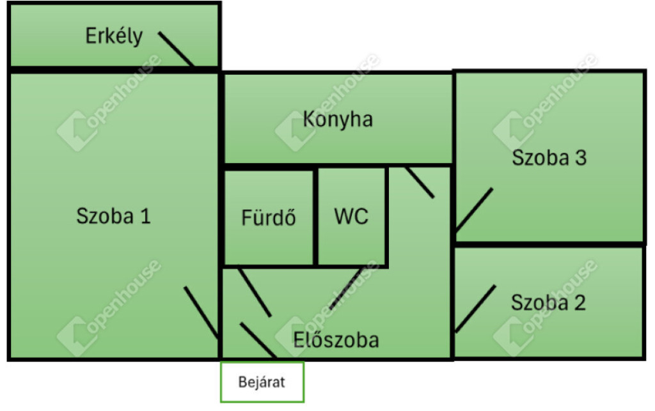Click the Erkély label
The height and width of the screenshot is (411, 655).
[x=114, y=36]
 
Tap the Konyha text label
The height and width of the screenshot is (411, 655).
[x=338, y=120]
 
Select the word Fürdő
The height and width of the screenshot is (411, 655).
[x=269, y=217]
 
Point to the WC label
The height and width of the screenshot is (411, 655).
[x=351, y=216]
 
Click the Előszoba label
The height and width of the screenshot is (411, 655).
[x=336, y=339]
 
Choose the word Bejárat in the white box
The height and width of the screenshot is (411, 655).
[x=262, y=382]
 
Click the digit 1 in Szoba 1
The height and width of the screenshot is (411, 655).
[x=145, y=216]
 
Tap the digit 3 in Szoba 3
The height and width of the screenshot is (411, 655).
[x=581, y=158]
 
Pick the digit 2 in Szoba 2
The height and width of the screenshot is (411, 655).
[x=580, y=302]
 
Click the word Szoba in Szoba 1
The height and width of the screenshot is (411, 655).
[x=105, y=216]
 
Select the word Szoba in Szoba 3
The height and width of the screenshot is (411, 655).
[x=541, y=158]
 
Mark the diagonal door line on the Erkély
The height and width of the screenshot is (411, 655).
[x=176, y=49]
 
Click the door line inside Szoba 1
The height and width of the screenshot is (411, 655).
[x=201, y=313]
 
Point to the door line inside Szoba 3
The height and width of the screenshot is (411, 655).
[x=474, y=210]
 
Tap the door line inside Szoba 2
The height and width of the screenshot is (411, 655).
[x=475, y=309]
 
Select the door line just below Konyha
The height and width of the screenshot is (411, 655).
[x=420, y=182]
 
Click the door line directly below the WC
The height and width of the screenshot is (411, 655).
[x=346, y=288]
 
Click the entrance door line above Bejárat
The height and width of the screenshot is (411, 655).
[x=258, y=341]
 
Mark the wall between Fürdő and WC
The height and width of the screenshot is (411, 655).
[x=316, y=217]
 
